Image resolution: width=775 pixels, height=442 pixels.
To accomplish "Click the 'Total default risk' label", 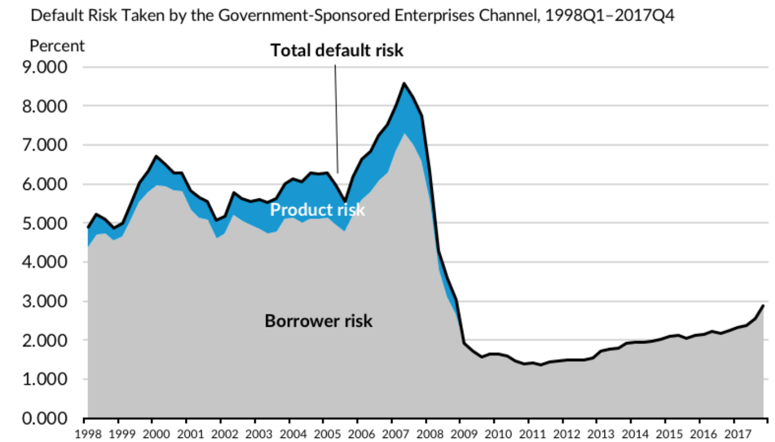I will [x=337, y=51].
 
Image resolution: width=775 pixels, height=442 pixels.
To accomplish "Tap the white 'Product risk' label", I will [x=317, y=210].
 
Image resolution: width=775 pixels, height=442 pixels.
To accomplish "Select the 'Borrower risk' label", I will [x=318, y=321].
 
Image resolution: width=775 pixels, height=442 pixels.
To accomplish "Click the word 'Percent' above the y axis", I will [x=58, y=45].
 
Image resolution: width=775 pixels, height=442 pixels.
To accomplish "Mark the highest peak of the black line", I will [x=404, y=83].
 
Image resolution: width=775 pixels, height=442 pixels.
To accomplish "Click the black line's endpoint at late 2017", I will [x=763, y=305].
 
